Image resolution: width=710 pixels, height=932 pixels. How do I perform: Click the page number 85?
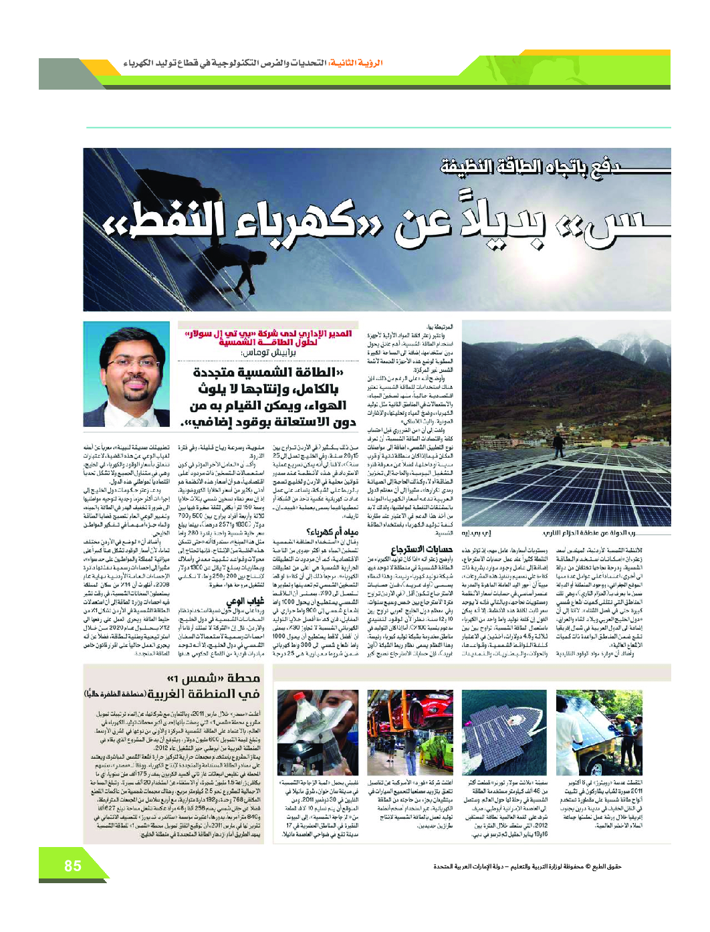[73, 866]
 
